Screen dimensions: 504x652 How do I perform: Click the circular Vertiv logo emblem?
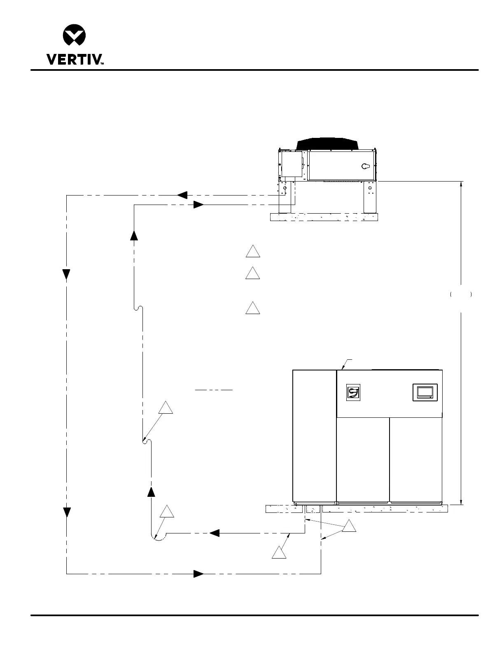click(x=74, y=35)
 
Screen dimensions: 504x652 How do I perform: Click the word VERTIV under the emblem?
click(x=75, y=59)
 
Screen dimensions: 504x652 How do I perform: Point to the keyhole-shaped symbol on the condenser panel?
click(x=366, y=166)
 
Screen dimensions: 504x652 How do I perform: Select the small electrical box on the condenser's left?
click(x=292, y=164)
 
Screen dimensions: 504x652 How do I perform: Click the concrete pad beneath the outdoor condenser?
click(x=324, y=217)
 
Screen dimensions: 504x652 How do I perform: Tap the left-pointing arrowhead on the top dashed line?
click(x=182, y=195)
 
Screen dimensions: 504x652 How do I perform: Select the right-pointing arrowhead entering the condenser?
click(x=198, y=205)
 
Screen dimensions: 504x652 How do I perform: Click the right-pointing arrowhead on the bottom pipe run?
click(x=198, y=574)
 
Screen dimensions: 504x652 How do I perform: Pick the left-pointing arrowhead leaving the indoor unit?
click(x=215, y=533)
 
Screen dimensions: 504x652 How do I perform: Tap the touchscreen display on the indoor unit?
click(x=425, y=392)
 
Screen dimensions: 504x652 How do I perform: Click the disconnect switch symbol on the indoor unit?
click(x=353, y=392)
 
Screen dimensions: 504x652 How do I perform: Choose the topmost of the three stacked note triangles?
click(x=253, y=251)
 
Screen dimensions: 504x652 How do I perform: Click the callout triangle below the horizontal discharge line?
click(x=279, y=552)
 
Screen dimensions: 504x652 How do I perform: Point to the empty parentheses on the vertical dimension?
click(x=461, y=294)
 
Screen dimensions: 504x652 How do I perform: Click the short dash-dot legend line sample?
click(x=214, y=390)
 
